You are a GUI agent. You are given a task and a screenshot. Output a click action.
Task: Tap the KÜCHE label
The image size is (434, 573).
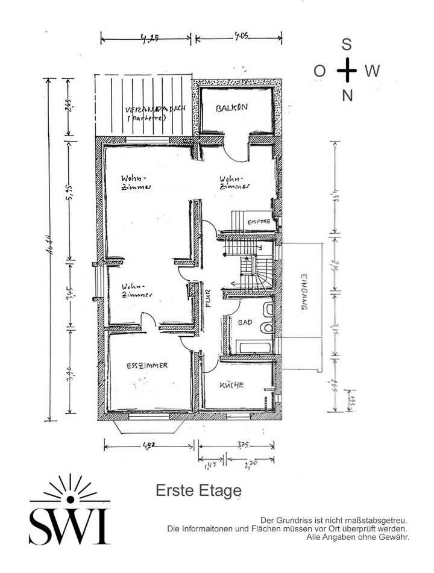[231, 385]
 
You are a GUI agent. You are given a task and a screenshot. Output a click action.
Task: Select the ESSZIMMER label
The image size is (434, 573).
[147, 366]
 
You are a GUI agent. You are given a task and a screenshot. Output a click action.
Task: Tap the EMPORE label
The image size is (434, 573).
[258, 222]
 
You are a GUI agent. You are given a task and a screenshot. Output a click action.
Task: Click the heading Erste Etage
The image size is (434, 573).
[198, 490]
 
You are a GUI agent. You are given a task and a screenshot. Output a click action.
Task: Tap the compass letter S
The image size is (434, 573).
[347, 44]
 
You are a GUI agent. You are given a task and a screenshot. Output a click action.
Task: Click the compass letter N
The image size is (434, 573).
[347, 95]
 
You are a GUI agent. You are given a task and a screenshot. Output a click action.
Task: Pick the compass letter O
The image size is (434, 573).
[319, 71]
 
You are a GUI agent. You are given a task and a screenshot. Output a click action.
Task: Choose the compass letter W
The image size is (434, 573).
[372, 71]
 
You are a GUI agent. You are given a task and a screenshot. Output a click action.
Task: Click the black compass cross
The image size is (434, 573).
[347, 70]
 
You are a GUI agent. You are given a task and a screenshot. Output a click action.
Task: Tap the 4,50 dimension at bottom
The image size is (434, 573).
[149, 446]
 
